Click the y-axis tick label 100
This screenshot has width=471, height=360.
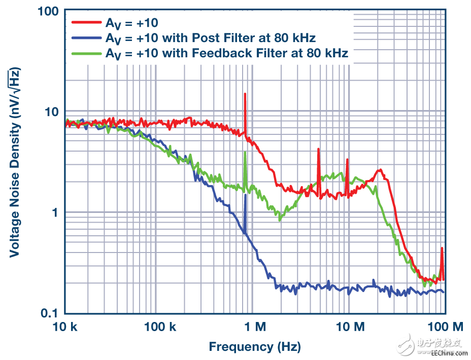pyautogui.click(x=47, y=11)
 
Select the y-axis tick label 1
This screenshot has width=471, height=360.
pyautogui.click(x=56, y=212)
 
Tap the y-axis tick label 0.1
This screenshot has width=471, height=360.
pyautogui.click(x=50, y=313)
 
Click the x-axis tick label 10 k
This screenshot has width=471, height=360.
pyautogui.click(x=65, y=328)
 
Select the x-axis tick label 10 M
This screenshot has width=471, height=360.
pyautogui.click(x=349, y=328)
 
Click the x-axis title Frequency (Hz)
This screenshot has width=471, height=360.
pyautogui.click(x=255, y=347)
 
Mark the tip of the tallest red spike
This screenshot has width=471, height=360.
pyautogui.click(x=245, y=93)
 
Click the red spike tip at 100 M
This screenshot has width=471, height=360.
pyautogui.click(x=442, y=248)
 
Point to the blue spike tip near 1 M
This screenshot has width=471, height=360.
pyautogui.click(x=245, y=195)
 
